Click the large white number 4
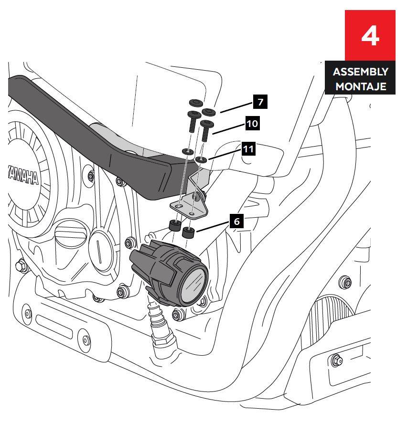tap(370, 36)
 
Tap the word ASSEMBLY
tap(361, 72)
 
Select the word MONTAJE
tap(361, 87)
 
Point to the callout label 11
tap(248, 149)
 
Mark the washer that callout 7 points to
tap(209, 112)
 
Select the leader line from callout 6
tap(213, 227)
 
